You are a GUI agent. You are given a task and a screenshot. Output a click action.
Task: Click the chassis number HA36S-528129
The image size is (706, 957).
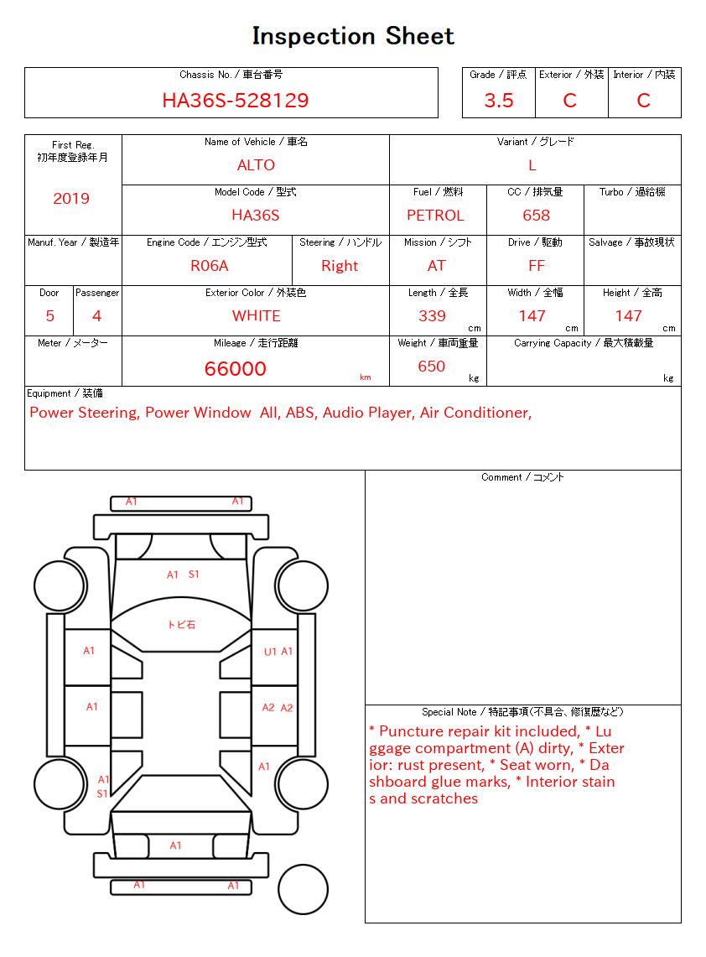pos(235,101)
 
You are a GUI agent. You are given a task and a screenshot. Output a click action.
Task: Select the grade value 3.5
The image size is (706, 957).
pos(499,101)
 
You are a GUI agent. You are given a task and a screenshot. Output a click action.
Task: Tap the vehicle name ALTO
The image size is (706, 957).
pos(256,165)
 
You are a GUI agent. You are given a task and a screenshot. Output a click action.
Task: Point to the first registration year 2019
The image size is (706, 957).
pos(71,199)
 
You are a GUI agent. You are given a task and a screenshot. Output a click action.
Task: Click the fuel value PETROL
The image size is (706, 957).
pos(435,216)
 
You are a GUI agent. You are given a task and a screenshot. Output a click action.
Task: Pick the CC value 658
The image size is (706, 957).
pos(536,216)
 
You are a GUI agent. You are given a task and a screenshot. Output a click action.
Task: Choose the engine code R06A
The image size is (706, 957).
pos(209,266)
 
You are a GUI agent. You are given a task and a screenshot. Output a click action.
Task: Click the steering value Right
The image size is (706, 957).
pos(340,266)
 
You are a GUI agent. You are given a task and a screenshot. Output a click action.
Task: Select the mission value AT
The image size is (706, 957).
pos(436,266)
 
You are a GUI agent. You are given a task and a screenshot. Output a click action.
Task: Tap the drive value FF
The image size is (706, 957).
pos(537,266)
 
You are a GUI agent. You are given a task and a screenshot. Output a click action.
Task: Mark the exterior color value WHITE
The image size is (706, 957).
pos(256,316)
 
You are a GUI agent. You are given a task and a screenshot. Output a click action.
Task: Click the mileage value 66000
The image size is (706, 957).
pos(236,369)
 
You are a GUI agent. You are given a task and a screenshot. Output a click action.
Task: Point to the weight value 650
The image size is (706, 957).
pos(431,367)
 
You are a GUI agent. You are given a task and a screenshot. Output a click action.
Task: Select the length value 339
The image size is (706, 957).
pos(432,316)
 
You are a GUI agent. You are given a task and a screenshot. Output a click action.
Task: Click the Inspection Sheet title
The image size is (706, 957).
pos(353,36)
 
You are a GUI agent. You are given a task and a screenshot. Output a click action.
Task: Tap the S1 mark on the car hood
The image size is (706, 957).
pos(194,575)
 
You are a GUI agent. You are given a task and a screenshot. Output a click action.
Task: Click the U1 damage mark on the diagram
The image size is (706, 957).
pos(270,652)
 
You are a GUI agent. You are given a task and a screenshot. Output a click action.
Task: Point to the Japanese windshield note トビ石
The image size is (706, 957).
pos(181,625)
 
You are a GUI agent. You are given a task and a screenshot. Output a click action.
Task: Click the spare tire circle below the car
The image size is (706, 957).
pos(303,888)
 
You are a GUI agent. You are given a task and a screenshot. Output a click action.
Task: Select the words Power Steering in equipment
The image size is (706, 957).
pos(84,413)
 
